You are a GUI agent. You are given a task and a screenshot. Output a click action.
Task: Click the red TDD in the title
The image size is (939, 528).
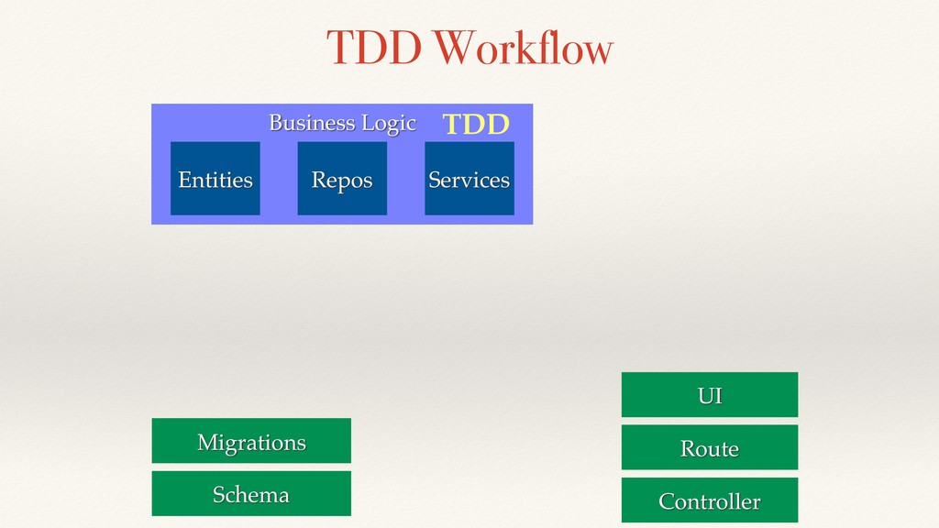tap(374, 48)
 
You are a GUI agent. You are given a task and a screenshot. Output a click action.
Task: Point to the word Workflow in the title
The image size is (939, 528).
tap(524, 48)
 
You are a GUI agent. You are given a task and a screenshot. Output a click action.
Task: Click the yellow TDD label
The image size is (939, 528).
tap(476, 125)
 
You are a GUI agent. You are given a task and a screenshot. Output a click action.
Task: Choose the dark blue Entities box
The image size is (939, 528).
tap(215, 179)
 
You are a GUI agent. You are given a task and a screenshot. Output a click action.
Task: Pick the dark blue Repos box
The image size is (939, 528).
tap(342, 179)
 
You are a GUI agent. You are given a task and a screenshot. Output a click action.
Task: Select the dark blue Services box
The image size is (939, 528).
tap(469, 179)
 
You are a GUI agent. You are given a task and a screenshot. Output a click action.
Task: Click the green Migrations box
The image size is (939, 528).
tap(251, 441)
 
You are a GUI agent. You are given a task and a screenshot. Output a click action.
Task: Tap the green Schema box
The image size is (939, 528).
tap(251, 493)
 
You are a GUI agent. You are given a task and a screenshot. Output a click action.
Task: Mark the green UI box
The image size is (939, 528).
tap(710, 394)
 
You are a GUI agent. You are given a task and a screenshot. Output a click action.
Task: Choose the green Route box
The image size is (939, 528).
tap(710, 447)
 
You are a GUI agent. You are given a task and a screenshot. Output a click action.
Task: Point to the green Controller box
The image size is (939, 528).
tap(710, 500)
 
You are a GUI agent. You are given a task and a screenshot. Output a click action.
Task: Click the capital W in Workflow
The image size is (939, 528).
tap(454, 48)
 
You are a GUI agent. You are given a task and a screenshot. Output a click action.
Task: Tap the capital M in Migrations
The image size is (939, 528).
tap(208, 443)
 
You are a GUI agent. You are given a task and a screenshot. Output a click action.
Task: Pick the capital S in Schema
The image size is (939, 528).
tap(219, 495)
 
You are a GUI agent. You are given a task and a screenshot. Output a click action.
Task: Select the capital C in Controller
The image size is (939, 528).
tap(667, 501)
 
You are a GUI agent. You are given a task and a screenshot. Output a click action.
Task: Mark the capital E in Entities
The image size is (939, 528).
tap(184, 181)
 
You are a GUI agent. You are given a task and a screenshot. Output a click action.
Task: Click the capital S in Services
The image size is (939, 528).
tap(435, 181)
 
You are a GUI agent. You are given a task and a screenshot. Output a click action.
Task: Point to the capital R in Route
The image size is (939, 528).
tap(688, 449)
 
